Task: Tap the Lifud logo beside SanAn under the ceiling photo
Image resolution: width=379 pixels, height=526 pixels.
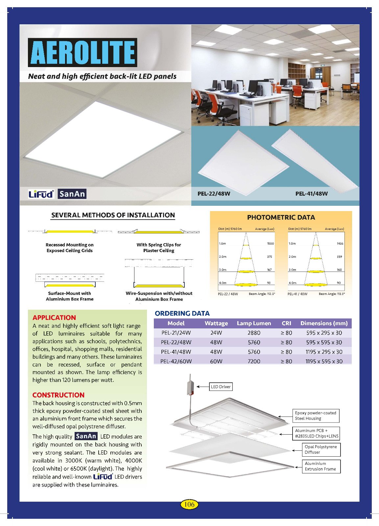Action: pyautogui.click(x=41, y=194)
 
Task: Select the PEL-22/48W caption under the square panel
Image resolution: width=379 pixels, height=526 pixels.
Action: pyautogui.click(x=214, y=194)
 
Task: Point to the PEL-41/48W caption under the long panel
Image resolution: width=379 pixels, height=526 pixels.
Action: pyautogui.click(x=311, y=194)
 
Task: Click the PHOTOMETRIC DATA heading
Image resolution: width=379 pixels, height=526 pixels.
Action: pyautogui.click(x=281, y=217)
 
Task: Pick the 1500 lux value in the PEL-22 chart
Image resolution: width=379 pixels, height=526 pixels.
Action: pyautogui.click(x=270, y=244)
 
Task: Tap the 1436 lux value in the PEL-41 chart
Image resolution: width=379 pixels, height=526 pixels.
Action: pyautogui.click(x=340, y=244)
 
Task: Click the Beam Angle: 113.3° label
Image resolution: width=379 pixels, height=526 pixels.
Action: pyautogui.click(x=332, y=294)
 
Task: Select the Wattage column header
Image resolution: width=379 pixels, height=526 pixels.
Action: pyautogui.click(x=216, y=323)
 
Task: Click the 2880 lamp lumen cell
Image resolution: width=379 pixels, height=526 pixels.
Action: pyautogui.click(x=254, y=333)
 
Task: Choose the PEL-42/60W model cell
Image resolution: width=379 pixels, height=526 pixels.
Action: pyautogui.click(x=176, y=361)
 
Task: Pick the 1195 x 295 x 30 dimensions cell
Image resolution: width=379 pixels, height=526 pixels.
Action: pyautogui.click(x=324, y=352)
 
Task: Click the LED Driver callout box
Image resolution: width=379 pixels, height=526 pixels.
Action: pyautogui.click(x=221, y=387)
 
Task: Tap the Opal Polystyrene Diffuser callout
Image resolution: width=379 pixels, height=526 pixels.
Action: pyautogui.click(x=321, y=449)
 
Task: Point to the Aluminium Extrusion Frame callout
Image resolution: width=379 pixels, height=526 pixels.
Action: pyautogui.click(x=321, y=466)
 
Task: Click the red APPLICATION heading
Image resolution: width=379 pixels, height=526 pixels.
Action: pyautogui.click(x=54, y=318)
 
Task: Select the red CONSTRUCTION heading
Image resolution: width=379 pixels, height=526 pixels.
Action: pyautogui.click(x=59, y=395)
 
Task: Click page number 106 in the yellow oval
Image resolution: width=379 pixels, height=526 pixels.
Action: pyautogui.click(x=189, y=504)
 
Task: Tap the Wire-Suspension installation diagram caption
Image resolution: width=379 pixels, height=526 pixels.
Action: pyautogui.click(x=159, y=296)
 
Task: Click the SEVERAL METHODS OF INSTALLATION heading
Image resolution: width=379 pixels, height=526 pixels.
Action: pyautogui.click(x=113, y=215)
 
